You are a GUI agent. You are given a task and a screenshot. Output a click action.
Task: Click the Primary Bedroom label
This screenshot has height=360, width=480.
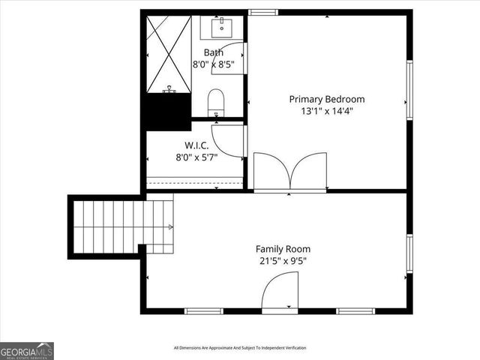(327, 99)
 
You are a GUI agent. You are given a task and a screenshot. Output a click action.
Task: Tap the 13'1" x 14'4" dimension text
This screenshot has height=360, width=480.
(327, 111)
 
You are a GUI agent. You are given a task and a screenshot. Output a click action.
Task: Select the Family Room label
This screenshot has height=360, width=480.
(283, 249)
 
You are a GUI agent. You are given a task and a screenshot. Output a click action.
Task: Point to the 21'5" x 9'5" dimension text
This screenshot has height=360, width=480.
(283, 261)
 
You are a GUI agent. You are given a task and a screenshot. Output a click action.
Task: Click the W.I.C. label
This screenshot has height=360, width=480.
(196, 145)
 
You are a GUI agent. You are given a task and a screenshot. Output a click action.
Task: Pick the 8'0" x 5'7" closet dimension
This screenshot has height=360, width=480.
(196, 157)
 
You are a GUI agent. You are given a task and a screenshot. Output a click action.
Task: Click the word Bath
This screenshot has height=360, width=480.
(214, 52)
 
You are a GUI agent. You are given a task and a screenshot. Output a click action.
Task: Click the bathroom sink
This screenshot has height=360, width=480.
(222, 28)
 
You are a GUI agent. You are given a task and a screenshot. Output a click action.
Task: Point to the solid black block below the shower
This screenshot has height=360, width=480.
(167, 112)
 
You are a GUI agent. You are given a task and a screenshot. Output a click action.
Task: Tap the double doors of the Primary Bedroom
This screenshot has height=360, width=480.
(290, 172)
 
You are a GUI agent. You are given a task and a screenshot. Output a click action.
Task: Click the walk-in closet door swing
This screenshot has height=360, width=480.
(229, 139)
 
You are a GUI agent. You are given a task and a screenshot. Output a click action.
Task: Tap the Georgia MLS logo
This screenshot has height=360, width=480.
(26, 350)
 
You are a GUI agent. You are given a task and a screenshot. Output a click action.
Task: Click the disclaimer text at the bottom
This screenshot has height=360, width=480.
(240, 347)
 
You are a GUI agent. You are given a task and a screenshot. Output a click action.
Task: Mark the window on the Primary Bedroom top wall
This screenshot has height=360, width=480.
(263, 12)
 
